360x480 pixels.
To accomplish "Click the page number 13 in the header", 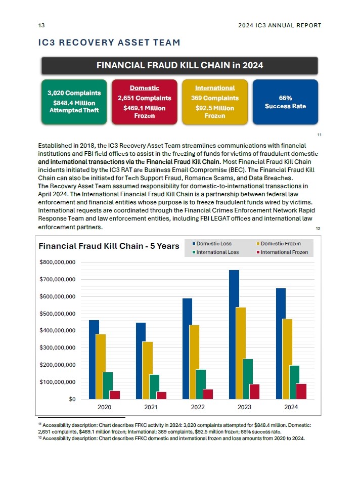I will coord(41,25).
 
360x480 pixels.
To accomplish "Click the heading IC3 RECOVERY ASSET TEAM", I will coord(109,42).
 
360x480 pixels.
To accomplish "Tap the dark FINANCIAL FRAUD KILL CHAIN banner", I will coord(179,65).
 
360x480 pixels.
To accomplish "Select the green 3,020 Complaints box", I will coord(74,102).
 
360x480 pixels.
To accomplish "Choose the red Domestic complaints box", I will coord(144,102).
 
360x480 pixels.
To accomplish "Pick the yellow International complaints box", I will coord(215,102).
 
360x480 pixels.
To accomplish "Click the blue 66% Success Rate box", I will coord(285,102).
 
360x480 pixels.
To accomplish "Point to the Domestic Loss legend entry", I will coord(212,244).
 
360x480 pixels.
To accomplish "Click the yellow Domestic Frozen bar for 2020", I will coord(101,366).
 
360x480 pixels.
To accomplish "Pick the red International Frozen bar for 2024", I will coord(301,391).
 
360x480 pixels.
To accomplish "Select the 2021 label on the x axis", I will coord(151,407).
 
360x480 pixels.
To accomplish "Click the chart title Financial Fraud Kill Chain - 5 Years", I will coord(109,246).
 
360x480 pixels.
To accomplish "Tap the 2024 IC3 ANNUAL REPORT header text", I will coord(279,25).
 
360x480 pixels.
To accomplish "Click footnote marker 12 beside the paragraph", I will coord(318,228).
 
